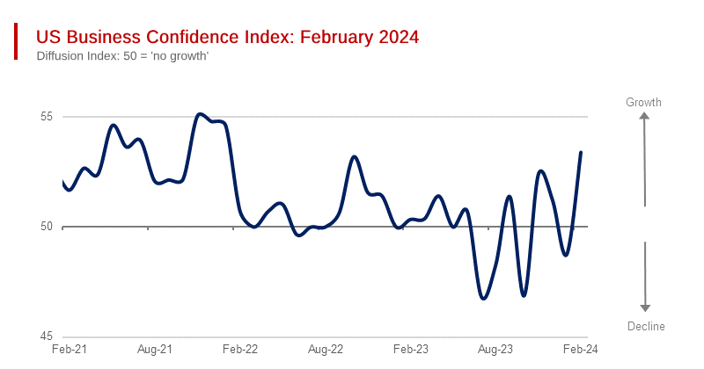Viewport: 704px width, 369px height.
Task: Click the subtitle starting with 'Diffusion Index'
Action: tap(122, 56)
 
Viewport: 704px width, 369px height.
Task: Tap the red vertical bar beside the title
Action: tap(16, 42)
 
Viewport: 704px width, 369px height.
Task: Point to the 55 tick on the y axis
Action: tap(47, 117)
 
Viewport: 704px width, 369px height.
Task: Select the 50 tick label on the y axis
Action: tap(47, 227)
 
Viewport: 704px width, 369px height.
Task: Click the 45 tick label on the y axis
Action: tap(47, 336)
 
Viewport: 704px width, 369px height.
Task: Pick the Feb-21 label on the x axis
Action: tap(69, 350)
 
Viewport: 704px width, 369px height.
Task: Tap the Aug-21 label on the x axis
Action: tap(154, 350)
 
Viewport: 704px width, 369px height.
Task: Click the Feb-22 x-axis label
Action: tap(239, 350)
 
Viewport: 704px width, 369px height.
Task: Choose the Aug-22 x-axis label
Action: tap(325, 350)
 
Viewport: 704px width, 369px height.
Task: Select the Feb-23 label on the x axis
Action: tap(410, 350)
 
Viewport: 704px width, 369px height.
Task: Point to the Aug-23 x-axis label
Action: tap(495, 350)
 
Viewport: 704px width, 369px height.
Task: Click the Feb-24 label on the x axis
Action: tap(581, 350)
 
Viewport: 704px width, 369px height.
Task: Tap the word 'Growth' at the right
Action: tap(643, 103)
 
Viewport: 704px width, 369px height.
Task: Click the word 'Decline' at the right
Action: tap(646, 326)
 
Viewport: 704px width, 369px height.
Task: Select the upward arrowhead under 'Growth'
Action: tap(645, 118)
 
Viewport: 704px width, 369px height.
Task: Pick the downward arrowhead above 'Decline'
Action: tap(645, 307)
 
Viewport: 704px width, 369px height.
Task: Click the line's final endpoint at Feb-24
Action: tap(581, 152)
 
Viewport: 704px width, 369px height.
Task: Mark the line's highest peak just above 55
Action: tap(200, 113)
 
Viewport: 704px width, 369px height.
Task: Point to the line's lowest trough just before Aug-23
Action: tap(483, 299)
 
